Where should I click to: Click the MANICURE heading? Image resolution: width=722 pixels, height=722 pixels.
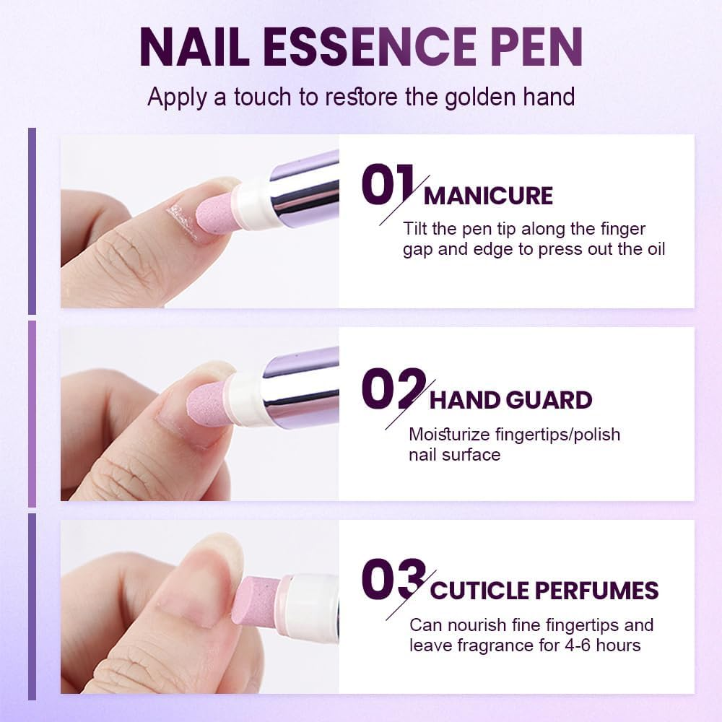[x=488, y=196]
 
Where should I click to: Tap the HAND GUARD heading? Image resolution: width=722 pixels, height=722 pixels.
[x=510, y=400]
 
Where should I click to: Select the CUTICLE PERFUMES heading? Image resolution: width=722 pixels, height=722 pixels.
[x=544, y=590]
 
